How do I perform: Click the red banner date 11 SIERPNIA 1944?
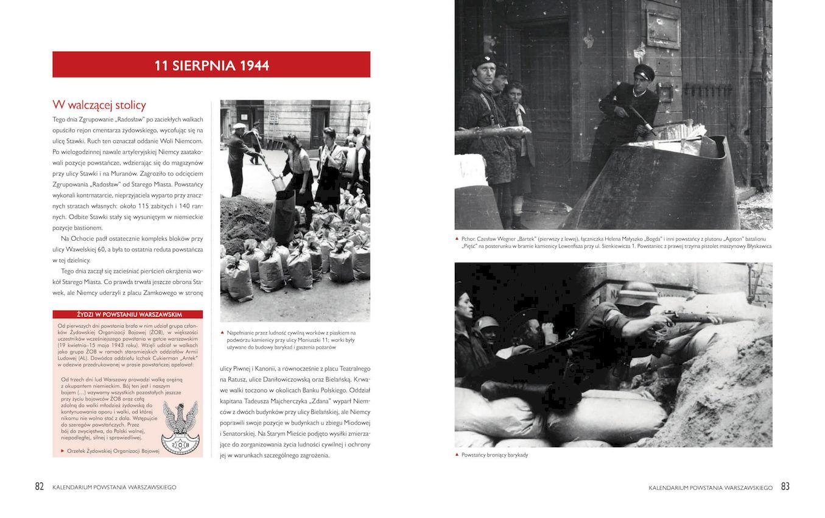click(211, 65)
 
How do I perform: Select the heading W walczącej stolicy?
click(99, 105)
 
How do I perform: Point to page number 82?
click(40, 486)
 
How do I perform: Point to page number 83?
click(785, 486)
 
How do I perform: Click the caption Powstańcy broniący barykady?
click(494, 455)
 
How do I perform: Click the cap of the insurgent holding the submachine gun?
click(644, 71)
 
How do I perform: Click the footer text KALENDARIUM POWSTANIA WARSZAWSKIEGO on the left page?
click(114, 488)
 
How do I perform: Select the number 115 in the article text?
click(143, 206)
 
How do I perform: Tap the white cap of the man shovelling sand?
click(239, 126)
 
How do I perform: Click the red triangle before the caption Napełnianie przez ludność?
click(223, 333)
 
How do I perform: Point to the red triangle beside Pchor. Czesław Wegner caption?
click(457, 239)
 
